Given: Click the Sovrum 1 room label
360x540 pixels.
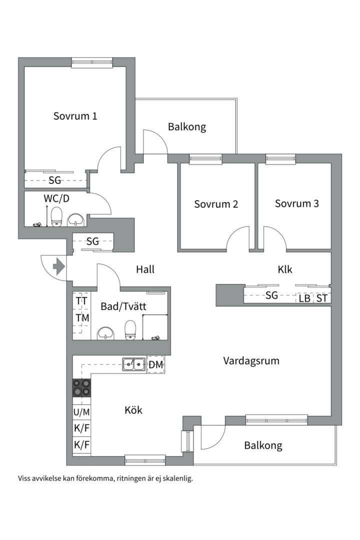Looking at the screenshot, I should [x=75, y=116].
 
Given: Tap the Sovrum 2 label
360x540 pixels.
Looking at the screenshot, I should [x=216, y=204].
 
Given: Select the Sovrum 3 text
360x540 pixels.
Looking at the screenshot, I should [x=296, y=203].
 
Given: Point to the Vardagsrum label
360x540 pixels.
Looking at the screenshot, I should [x=251, y=360].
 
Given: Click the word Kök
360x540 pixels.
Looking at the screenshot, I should [x=133, y=410].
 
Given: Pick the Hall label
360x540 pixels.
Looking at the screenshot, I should [x=145, y=269].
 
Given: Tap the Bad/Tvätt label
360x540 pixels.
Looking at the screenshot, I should [x=123, y=306].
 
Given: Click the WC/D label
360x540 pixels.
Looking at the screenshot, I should [x=56, y=198].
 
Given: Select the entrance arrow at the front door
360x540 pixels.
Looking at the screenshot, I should [x=59, y=266].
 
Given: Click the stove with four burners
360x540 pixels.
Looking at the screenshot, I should [x=82, y=388].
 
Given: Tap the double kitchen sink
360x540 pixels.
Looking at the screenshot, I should [x=134, y=364].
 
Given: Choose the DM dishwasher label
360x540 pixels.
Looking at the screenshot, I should [x=156, y=365].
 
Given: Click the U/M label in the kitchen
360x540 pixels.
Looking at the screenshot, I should [x=81, y=412].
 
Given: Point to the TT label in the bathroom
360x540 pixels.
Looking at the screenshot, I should [x=81, y=301].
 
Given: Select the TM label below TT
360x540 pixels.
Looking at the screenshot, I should [x=82, y=317].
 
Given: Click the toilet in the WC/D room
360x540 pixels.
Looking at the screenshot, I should [x=56, y=216].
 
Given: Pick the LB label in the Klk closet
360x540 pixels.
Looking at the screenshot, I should [x=304, y=298].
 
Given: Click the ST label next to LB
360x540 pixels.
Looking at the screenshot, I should [x=322, y=298].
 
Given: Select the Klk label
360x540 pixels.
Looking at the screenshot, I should [x=285, y=269].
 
